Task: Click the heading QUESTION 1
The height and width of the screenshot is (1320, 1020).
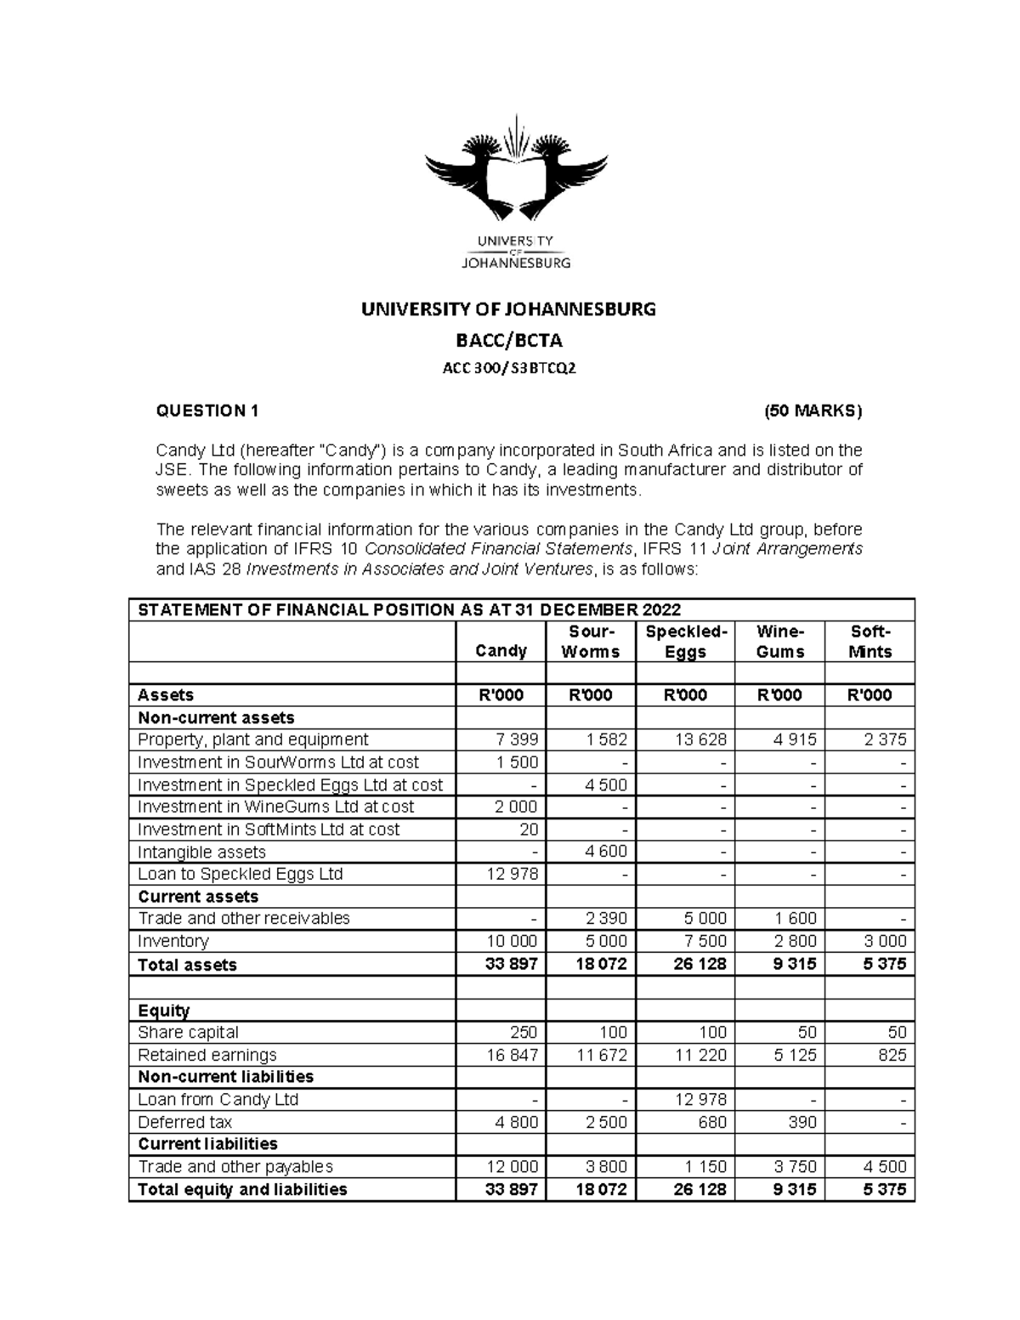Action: (207, 411)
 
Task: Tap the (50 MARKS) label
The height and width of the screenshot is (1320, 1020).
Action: (813, 411)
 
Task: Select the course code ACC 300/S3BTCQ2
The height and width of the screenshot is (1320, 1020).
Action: (509, 368)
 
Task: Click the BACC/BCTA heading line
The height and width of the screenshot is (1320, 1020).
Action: (509, 341)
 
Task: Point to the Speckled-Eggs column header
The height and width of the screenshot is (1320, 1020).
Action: (685, 642)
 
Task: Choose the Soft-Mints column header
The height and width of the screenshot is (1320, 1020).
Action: (870, 642)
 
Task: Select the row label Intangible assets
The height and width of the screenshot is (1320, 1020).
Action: (201, 852)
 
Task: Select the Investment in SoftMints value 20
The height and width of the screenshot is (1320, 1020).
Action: (528, 830)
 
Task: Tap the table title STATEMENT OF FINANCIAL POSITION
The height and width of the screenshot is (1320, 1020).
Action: (409, 610)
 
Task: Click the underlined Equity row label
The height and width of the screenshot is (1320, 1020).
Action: (163, 1011)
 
